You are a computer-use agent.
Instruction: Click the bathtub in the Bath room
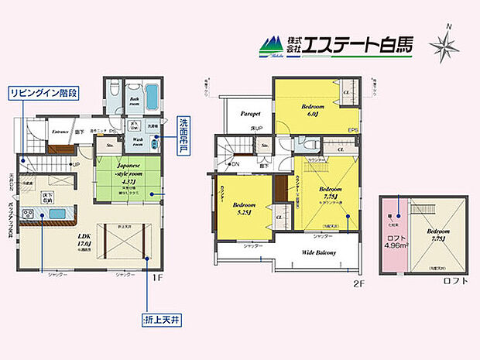pos(151,100)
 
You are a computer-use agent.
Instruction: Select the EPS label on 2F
pos(351,130)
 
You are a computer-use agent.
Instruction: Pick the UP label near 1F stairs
pos(76,165)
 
